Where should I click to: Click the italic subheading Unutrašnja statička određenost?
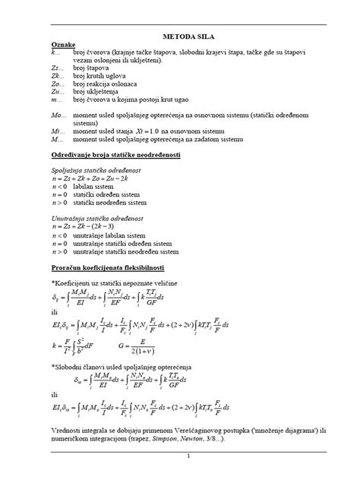(94, 217)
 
